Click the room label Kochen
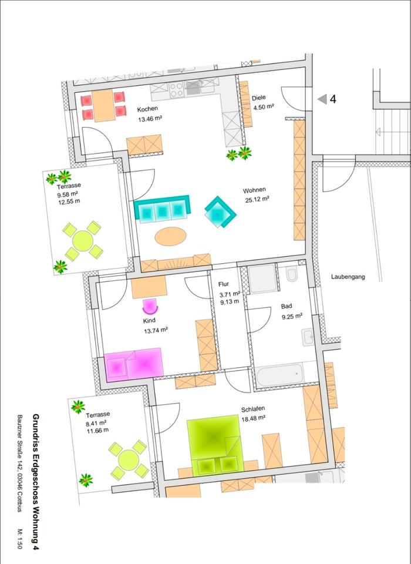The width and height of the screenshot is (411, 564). tap(148, 110)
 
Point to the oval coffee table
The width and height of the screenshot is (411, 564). tap(170, 236)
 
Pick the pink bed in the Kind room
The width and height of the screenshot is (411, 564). tap(133, 364)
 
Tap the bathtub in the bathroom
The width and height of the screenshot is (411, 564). tap(279, 374)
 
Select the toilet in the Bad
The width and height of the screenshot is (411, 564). tap(292, 275)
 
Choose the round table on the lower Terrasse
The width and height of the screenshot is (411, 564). tap(127, 458)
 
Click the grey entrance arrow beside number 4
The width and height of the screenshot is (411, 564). tap(322, 99)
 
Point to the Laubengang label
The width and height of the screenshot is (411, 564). tap(348, 277)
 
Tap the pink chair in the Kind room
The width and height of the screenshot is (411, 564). tap(151, 306)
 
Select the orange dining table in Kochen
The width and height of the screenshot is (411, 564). tap(105, 105)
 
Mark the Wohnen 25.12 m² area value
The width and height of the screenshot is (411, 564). tap(257, 199)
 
